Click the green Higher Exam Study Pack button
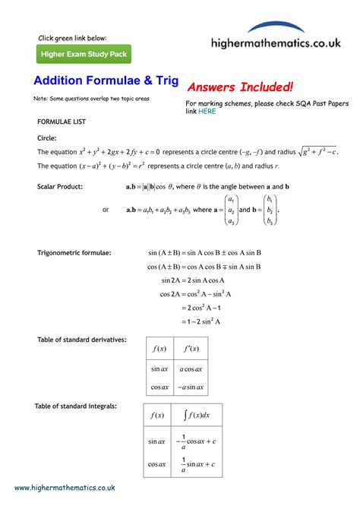click(x=84, y=54)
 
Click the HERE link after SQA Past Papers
click(x=207, y=111)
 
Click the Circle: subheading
click(x=47, y=138)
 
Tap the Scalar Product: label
click(x=60, y=186)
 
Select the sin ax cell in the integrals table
click(x=157, y=440)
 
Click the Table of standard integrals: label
click(x=75, y=406)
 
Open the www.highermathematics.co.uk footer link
click(x=65, y=488)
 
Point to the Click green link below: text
click(x=73, y=37)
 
